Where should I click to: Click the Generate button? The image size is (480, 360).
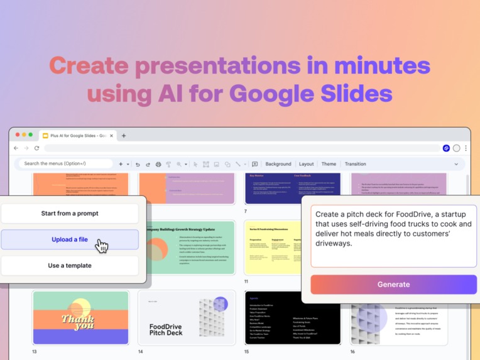coord(393,284)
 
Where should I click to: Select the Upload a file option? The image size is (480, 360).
coord(70,239)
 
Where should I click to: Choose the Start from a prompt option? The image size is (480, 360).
coord(70,214)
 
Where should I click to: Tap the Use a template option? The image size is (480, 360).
coord(70,266)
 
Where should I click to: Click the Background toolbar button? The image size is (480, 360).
coord(278,164)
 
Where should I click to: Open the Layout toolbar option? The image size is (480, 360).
coord(307,164)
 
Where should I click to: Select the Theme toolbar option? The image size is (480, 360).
coord(329,164)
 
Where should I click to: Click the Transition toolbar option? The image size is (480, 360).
coord(355,164)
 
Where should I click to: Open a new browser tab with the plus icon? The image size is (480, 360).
coord(124,136)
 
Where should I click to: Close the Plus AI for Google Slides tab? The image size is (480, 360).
coord(112,136)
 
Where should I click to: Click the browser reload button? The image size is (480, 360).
coord(37,148)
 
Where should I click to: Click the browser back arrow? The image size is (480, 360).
coord(16,148)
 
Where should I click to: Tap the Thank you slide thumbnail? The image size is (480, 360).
coord(80,317)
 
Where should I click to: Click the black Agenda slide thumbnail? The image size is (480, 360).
coord(293,317)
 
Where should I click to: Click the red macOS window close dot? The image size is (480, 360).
coord(17,134)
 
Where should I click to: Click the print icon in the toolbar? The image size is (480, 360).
coord(158,165)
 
